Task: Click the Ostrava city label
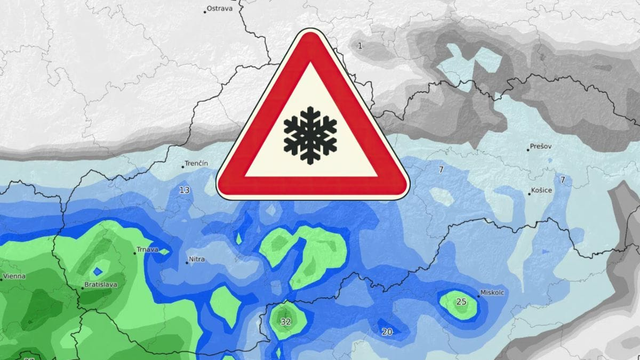(x=220, y=9)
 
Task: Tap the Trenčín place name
(x=197, y=164)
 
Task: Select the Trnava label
(x=147, y=249)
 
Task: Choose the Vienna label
(x=14, y=275)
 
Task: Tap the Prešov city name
(x=541, y=147)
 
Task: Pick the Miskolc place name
(x=492, y=292)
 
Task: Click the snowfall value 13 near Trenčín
(x=184, y=190)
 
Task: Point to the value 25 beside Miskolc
(x=461, y=301)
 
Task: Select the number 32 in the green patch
(x=286, y=322)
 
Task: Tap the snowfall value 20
(x=388, y=331)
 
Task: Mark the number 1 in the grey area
(x=360, y=46)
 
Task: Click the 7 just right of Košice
(x=562, y=180)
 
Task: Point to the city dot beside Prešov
(x=528, y=149)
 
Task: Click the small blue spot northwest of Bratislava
(x=97, y=270)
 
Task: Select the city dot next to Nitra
(x=183, y=261)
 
